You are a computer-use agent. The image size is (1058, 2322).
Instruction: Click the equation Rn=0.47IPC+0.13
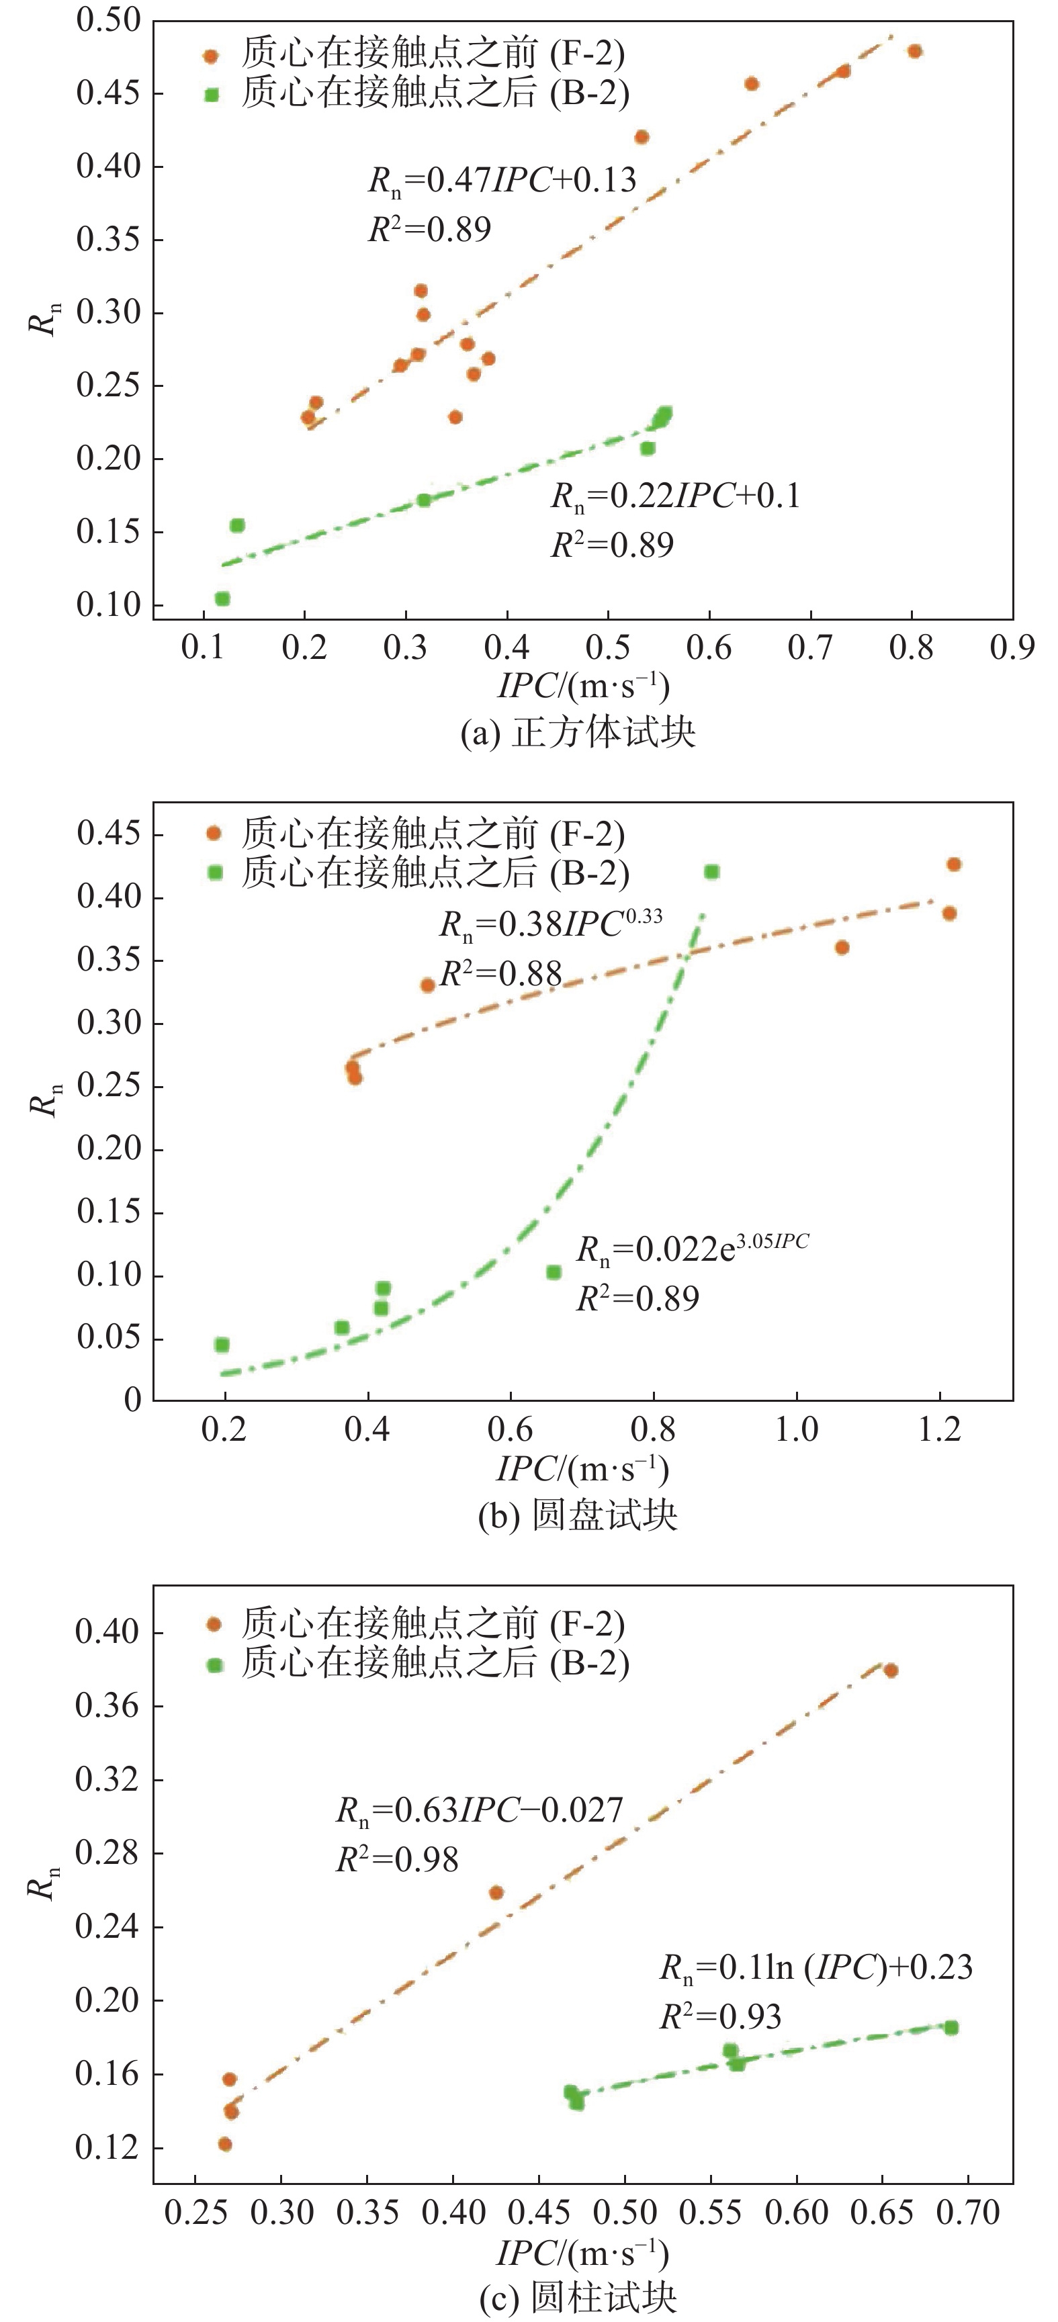pyautogui.click(x=502, y=180)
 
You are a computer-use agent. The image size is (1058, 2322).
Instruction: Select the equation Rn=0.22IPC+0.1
pyautogui.click(x=675, y=496)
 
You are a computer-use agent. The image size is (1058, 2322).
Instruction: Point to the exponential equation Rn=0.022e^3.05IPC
pyautogui.click(x=692, y=1249)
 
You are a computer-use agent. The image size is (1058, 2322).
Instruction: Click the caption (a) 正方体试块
pyautogui.click(x=578, y=732)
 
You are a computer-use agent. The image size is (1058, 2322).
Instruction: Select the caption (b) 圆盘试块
pyautogui.click(x=578, y=1515)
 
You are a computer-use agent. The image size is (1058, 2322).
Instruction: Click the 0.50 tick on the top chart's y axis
pyautogui.click(x=108, y=20)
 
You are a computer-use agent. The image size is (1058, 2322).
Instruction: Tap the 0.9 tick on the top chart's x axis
pyautogui.click(x=1011, y=648)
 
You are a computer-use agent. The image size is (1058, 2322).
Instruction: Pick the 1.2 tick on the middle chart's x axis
pyautogui.click(x=939, y=1429)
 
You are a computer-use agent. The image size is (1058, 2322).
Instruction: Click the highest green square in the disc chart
pyautogui.click(x=712, y=872)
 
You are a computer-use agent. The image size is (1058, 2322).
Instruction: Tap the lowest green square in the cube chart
pyautogui.click(x=222, y=598)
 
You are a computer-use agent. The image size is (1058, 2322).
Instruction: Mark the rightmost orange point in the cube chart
pyautogui.click(x=915, y=51)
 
